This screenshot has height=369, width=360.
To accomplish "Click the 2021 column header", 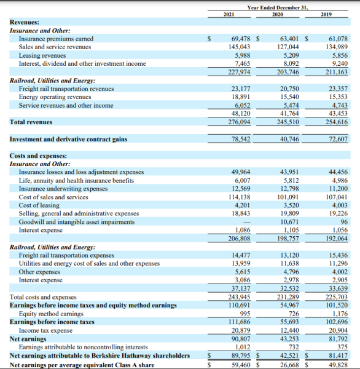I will tap(229, 14).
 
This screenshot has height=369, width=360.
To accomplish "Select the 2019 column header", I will tap(326, 14).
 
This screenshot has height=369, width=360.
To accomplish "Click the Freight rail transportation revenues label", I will tap(66, 89).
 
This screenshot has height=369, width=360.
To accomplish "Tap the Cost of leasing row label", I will tap(39, 205).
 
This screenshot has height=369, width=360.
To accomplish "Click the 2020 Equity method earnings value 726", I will tap(292, 314).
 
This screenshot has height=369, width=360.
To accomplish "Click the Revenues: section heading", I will tap(25, 22).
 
